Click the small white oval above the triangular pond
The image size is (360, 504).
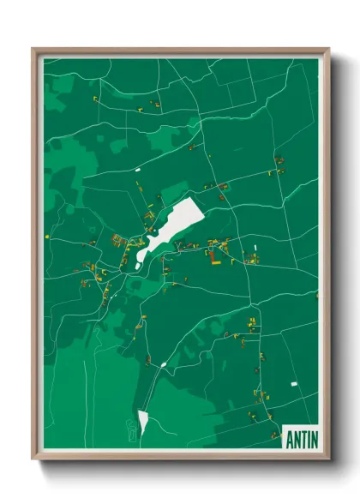[x=162, y=365]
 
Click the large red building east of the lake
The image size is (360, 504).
[x=213, y=254]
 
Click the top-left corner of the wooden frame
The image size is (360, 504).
[x=33, y=49]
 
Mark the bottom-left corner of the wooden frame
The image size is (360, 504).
[x=33, y=459]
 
